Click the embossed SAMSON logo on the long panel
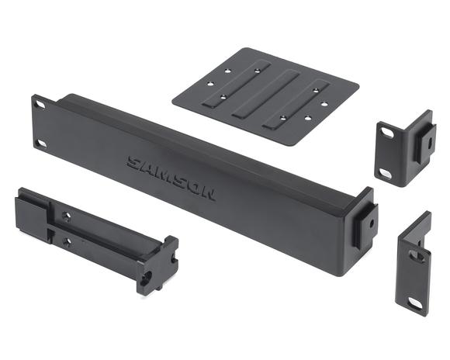click(171, 178)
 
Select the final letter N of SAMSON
click(207, 194)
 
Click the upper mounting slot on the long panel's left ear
click(40, 105)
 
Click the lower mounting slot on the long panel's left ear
click(42, 144)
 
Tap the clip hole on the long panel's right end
click(372, 223)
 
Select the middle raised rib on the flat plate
click(266, 94)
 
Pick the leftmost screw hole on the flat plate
click(211, 84)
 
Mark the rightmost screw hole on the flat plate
click(324, 104)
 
